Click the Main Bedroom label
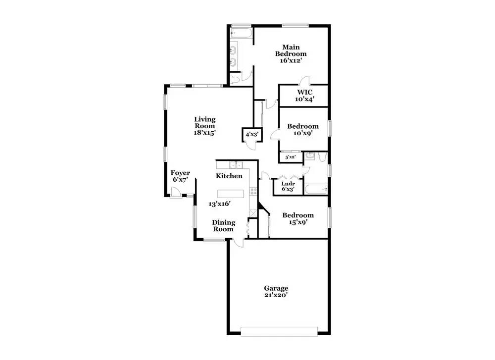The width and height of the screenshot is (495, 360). coord(291,50)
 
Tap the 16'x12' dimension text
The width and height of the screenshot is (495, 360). coord(291,60)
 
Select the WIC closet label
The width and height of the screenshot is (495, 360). coord(305,92)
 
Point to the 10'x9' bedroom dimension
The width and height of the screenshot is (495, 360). coord(303,133)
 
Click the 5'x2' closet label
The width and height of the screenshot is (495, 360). coord(290,157)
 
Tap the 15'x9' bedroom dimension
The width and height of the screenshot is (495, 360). coord(298,222)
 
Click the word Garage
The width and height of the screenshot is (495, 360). coord(276,288)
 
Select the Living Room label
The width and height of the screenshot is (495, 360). coord(204,122)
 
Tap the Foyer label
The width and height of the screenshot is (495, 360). coord(180,173)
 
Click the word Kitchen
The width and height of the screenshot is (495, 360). coord(229,176)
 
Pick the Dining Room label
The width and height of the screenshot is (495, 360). coord(223,226)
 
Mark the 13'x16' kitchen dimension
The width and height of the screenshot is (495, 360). coord(220,204)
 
